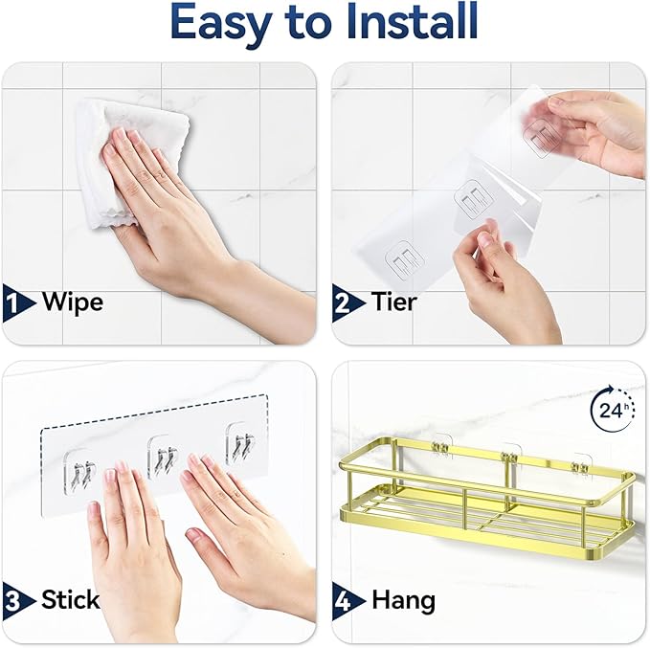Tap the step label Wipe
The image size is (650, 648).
click(x=72, y=302)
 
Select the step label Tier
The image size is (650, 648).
click(x=394, y=302)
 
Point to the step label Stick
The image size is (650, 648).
click(x=70, y=600)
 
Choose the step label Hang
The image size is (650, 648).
click(x=402, y=600)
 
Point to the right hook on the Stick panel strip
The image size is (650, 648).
click(x=240, y=447)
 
